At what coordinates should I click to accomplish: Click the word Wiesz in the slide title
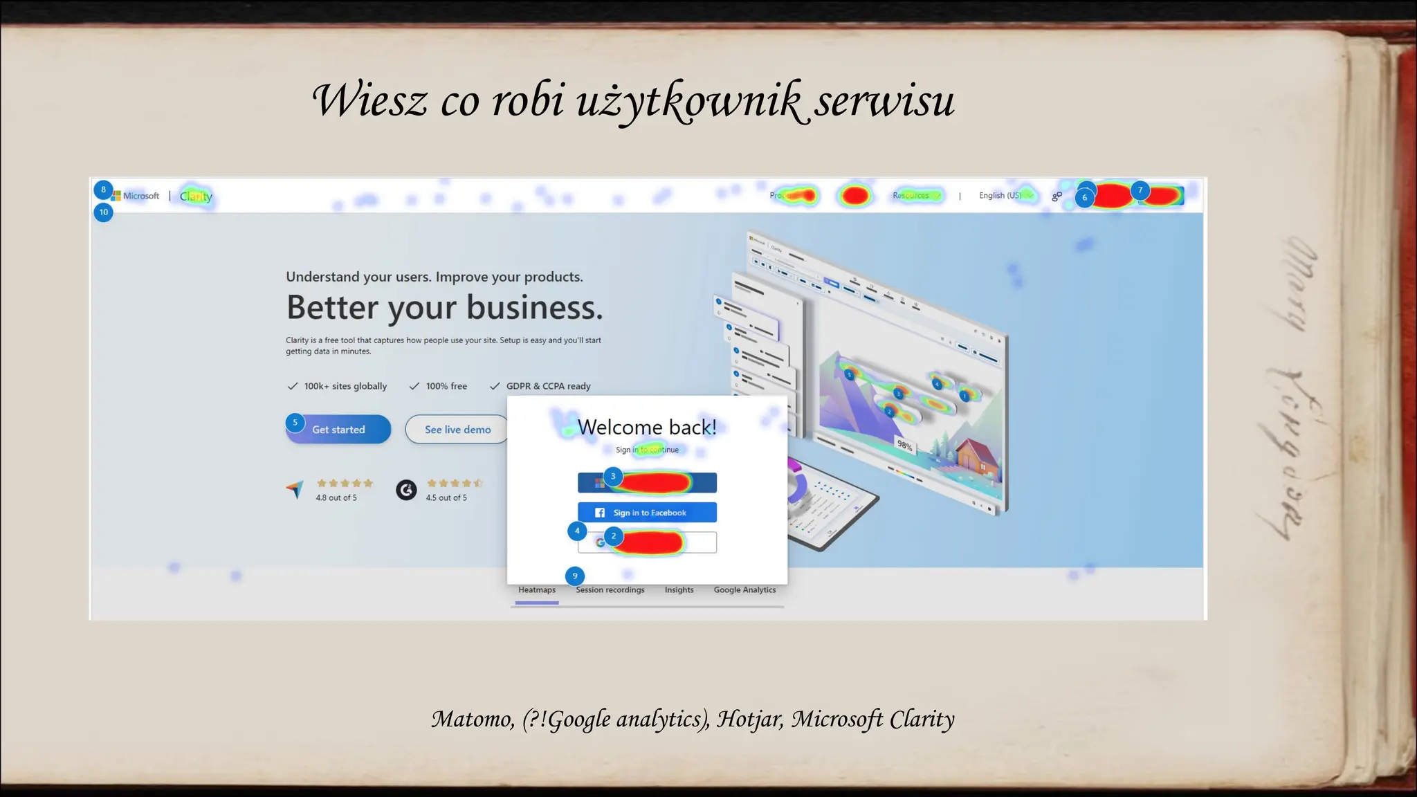pyautogui.click(x=369, y=101)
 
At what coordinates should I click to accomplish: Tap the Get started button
pyautogui.click(x=338, y=430)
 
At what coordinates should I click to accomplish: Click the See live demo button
pyautogui.click(x=457, y=430)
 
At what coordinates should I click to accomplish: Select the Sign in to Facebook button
pyautogui.click(x=647, y=513)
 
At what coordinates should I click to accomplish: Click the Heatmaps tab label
pyautogui.click(x=537, y=590)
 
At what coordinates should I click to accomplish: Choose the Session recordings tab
pyautogui.click(x=610, y=590)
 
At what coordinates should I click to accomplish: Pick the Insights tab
pyautogui.click(x=679, y=590)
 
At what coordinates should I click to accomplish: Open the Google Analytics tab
pyautogui.click(x=744, y=590)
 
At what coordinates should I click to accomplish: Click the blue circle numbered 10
pyautogui.click(x=104, y=212)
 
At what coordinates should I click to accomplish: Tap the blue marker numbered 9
pyautogui.click(x=575, y=576)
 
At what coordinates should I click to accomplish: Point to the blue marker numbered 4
pyautogui.click(x=577, y=531)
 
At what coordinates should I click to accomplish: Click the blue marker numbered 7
pyautogui.click(x=1140, y=190)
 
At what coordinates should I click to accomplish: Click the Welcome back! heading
pyautogui.click(x=647, y=428)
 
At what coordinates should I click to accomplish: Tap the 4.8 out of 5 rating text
pyautogui.click(x=336, y=497)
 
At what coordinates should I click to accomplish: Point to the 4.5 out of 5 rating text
pyautogui.click(x=446, y=497)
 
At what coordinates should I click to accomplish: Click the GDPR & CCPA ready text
pyautogui.click(x=548, y=386)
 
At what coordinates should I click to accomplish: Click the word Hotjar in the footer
pyautogui.click(x=750, y=720)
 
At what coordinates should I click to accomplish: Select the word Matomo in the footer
pyautogui.click(x=473, y=720)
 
